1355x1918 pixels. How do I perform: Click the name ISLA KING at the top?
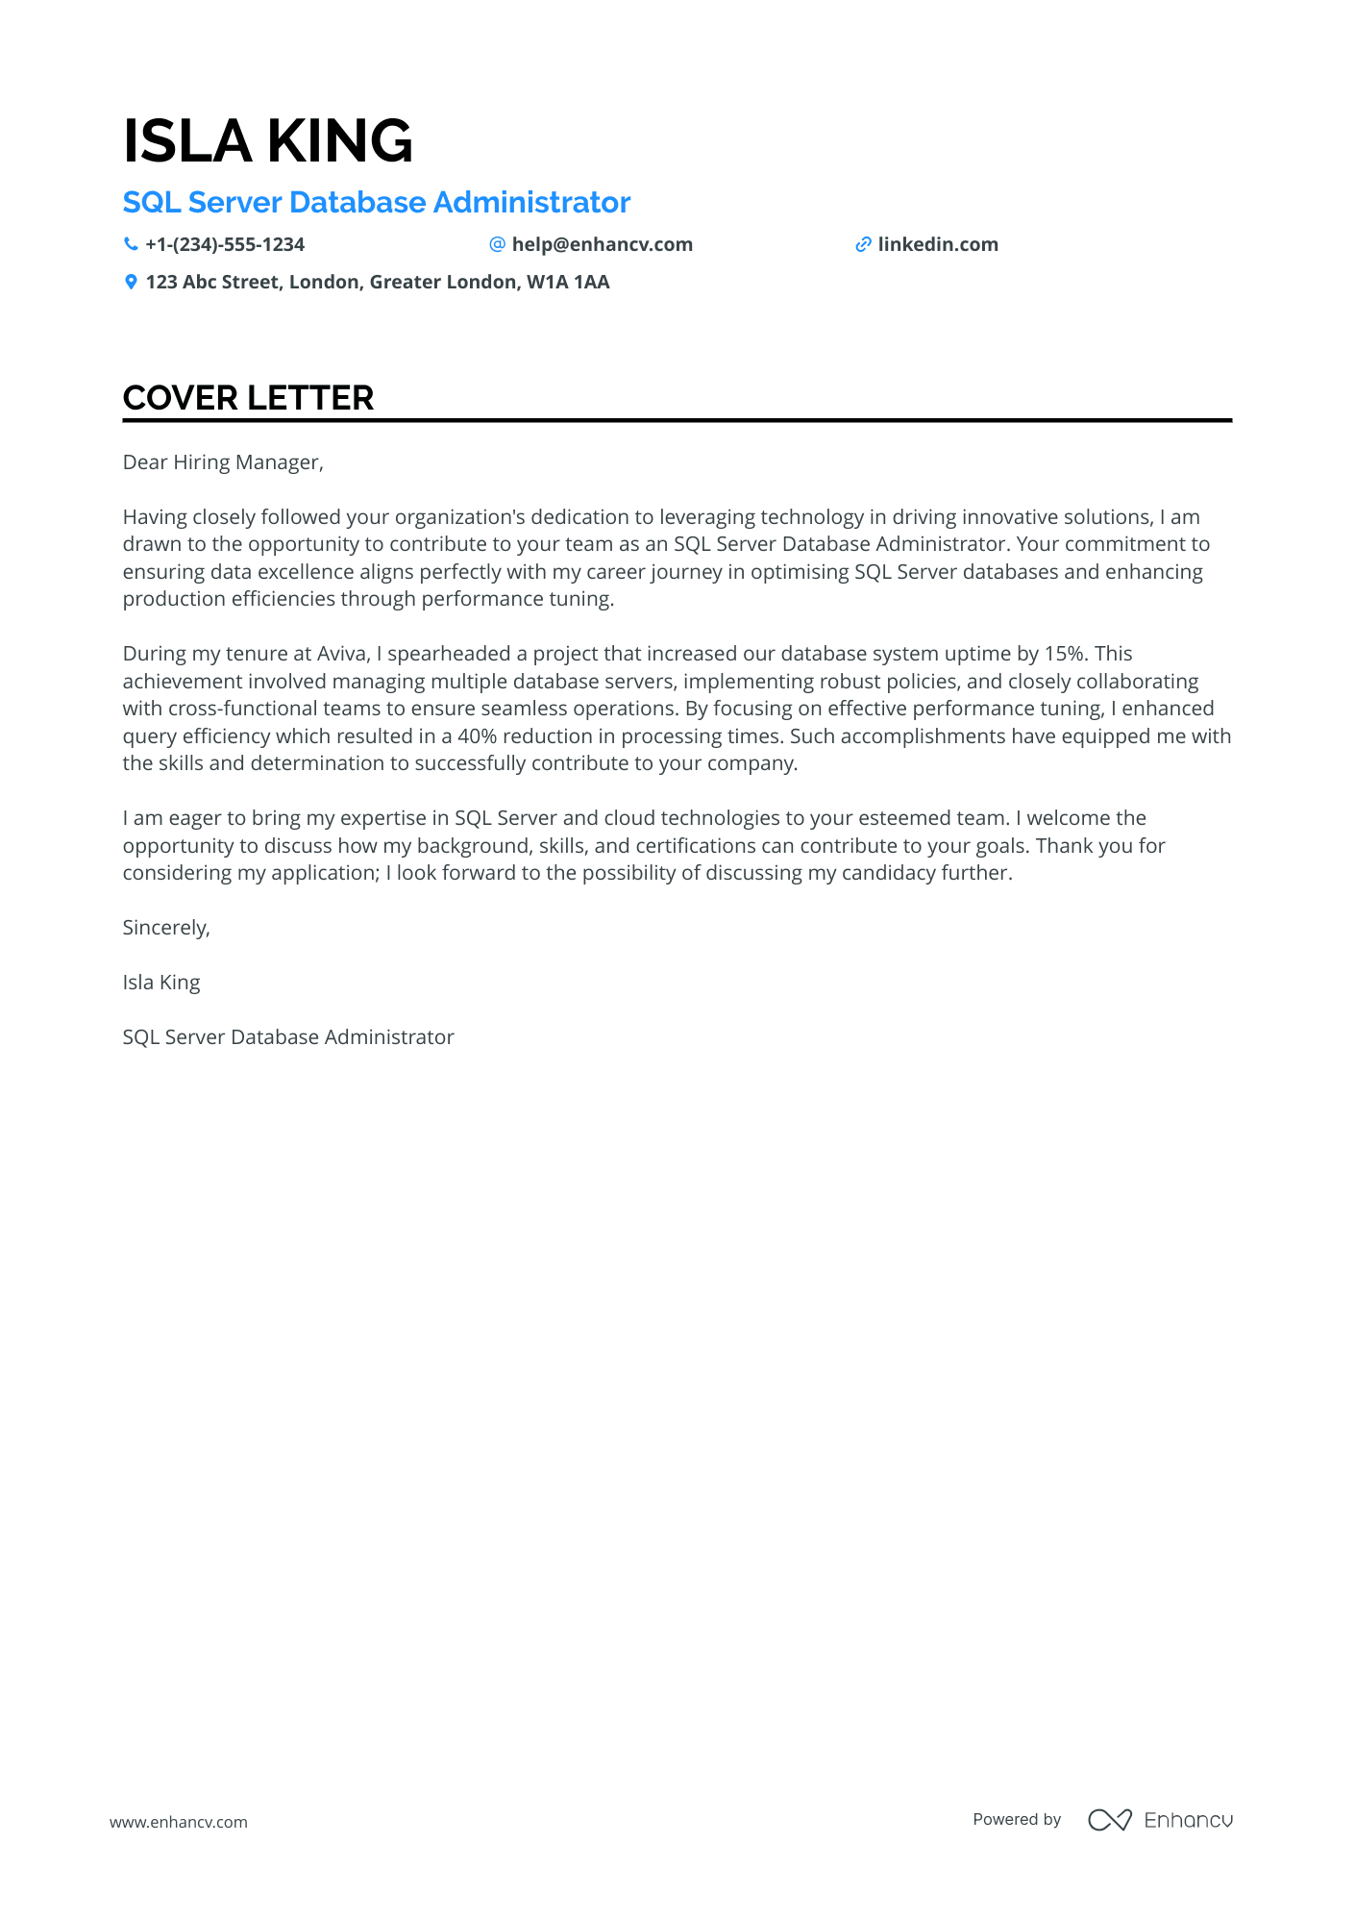[267, 141]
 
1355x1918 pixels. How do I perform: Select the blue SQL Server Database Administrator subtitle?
[376, 203]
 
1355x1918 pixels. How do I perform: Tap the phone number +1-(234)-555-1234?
[225, 245]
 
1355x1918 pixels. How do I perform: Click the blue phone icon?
[131, 245]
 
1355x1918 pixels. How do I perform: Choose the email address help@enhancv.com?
[602, 245]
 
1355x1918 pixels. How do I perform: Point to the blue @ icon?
[497, 245]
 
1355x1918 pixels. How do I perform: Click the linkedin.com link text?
[938, 245]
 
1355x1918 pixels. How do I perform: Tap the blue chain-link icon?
[863, 245]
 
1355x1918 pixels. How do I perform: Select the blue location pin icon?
[131, 283]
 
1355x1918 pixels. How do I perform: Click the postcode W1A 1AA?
[568, 283]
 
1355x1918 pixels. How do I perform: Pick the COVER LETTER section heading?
[248, 398]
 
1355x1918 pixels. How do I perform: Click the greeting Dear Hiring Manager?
[223, 462]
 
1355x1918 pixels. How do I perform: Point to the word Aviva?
[342, 654]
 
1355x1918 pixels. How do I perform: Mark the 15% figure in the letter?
[1064, 654]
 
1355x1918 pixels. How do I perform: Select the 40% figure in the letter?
[477, 736]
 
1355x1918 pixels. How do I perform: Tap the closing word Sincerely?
[165, 928]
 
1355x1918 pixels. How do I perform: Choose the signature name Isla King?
[161, 983]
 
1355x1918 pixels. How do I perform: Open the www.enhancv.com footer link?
[179, 1822]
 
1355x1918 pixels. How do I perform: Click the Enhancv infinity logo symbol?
[1109, 1820]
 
